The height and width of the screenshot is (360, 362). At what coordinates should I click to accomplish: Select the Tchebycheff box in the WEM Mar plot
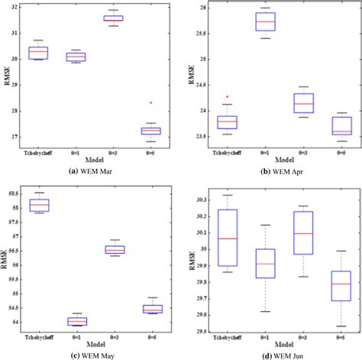click(38, 53)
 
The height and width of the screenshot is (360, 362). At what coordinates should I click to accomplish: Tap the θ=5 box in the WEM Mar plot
click(150, 131)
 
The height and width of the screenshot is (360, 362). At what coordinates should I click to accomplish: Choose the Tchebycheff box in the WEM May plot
click(39, 205)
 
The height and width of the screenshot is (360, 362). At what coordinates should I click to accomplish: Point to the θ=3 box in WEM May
click(115, 249)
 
